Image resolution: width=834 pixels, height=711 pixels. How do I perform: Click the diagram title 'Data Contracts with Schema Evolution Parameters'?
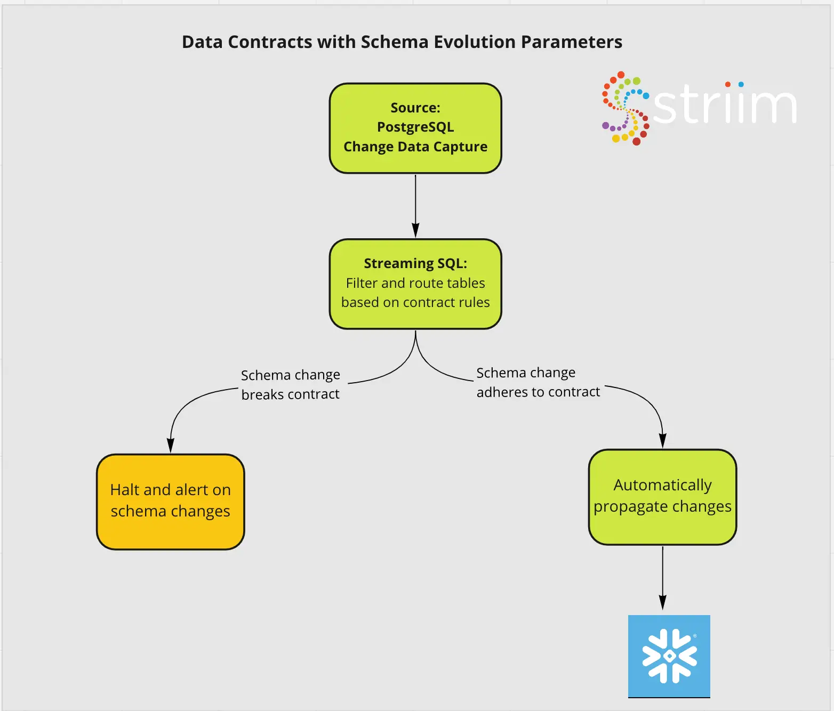(402, 42)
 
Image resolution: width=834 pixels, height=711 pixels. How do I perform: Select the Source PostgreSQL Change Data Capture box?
(415, 128)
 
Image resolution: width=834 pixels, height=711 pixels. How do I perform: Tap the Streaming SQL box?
(415, 284)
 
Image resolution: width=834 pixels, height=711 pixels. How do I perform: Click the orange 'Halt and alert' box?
(170, 502)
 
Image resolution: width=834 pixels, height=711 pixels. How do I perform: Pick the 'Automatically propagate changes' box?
(662, 497)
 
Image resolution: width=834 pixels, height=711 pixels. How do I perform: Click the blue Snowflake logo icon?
(669, 656)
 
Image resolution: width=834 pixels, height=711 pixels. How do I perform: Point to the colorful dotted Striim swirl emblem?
(624, 108)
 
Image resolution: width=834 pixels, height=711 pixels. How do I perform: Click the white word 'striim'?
(725, 106)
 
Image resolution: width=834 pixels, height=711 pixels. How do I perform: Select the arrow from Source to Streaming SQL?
(415, 205)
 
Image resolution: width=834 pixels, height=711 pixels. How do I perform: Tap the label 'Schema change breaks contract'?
(290, 384)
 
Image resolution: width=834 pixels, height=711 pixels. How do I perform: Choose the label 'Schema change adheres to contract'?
(538, 382)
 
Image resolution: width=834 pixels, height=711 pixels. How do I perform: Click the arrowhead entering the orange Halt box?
(171, 446)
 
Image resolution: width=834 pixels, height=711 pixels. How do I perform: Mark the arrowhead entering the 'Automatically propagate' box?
(662, 441)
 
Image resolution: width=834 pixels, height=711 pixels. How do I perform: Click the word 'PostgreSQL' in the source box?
(415, 127)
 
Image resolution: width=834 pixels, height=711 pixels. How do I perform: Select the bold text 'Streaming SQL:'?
(415, 263)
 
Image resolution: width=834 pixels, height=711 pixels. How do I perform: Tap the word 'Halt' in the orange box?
(125, 490)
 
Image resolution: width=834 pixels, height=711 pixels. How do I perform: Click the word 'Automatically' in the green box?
(662, 485)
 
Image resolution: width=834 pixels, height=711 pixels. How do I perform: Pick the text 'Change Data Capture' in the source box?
(415, 147)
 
